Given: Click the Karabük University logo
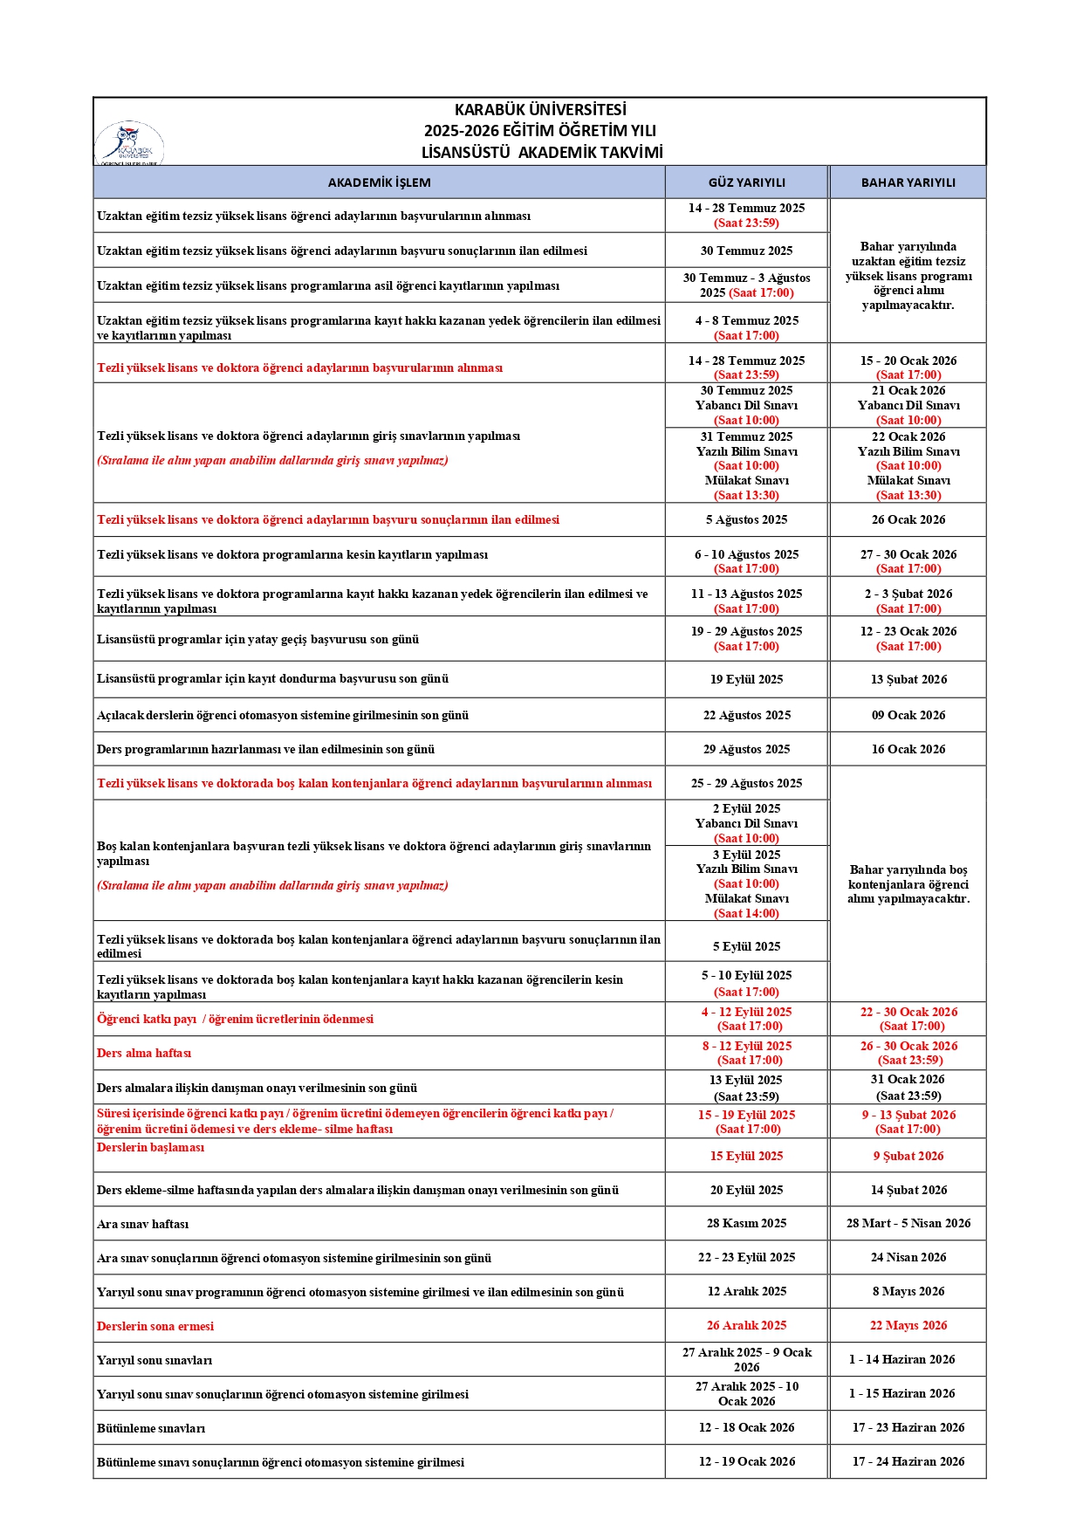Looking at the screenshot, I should point(129,143).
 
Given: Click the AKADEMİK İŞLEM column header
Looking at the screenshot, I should point(379,182).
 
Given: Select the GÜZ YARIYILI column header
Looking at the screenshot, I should point(746,182).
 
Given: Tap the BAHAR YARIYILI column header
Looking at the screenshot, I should point(908,182).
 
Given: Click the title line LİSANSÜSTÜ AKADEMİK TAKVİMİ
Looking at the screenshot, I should point(541,153).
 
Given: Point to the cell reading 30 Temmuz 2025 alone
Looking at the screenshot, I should point(746,251).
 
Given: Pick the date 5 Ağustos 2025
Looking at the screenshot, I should point(746,519).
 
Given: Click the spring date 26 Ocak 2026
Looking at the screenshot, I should point(908,519).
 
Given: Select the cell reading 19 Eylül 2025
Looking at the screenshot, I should point(746,679).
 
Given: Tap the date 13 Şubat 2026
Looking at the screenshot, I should point(908,679).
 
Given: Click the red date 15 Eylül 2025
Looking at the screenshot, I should point(746,1156).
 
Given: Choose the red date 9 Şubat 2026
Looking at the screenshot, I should point(908,1156).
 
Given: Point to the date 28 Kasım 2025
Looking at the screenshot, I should point(746,1223).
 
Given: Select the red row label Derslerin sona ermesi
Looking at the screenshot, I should point(154,1326).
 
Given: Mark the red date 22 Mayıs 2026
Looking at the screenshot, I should point(908,1325).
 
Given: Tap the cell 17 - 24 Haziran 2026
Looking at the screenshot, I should point(908,1461).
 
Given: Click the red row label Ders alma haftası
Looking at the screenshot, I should point(143,1053).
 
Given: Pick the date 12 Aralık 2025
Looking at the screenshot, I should point(746,1291).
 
